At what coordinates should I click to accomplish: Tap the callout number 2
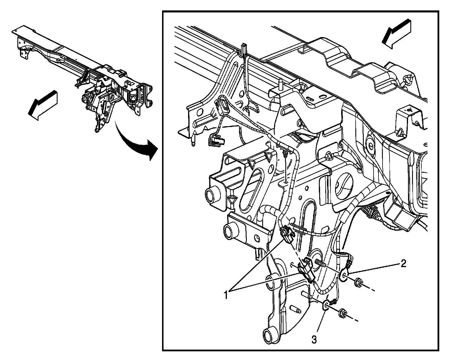403,263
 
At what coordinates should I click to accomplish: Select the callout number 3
314,339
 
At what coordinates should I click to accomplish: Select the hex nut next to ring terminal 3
342,313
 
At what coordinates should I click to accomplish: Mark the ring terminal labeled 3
326,306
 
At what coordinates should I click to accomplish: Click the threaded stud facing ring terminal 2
320,263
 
